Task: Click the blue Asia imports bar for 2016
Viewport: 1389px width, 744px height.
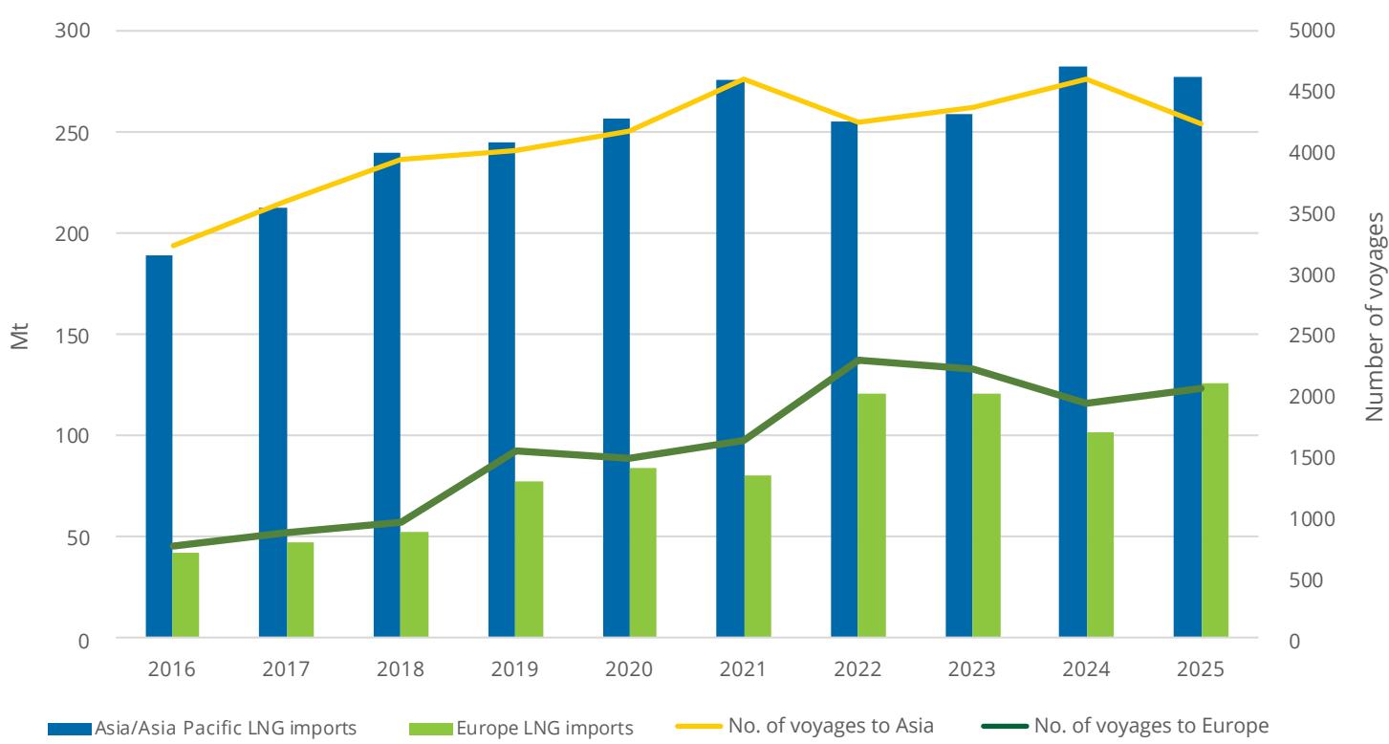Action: [x=159, y=447]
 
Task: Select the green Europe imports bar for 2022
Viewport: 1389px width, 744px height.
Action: [x=871, y=515]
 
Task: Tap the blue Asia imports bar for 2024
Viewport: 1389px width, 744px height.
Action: [x=1073, y=352]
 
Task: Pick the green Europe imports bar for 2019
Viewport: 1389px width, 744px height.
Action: [x=529, y=559]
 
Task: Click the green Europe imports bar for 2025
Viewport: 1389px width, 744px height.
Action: [x=1215, y=510]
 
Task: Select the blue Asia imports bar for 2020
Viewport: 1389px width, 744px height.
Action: [x=617, y=378]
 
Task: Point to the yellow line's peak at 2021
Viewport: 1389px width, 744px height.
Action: [x=744, y=78]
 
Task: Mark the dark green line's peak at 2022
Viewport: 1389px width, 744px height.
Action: [x=858, y=360]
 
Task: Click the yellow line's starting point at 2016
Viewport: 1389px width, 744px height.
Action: [x=173, y=246]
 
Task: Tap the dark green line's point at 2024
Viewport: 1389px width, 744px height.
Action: [x=1086, y=404]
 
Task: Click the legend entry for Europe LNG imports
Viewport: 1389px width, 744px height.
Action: [x=521, y=727]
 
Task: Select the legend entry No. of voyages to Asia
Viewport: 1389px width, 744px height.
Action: [x=804, y=726]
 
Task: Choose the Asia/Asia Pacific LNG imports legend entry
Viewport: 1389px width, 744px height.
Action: [x=202, y=727]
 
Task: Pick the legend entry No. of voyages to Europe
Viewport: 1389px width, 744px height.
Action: [x=1125, y=726]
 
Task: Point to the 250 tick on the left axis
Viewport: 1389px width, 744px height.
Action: [x=72, y=133]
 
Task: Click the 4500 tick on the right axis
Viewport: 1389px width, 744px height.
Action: [x=1312, y=91]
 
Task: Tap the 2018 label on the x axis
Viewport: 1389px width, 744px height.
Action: [x=400, y=668]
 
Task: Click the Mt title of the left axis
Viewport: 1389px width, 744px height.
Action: [x=20, y=336]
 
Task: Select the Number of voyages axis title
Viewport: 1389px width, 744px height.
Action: [x=1374, y=317]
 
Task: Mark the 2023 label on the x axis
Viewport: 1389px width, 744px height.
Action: [x=971, y=668]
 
